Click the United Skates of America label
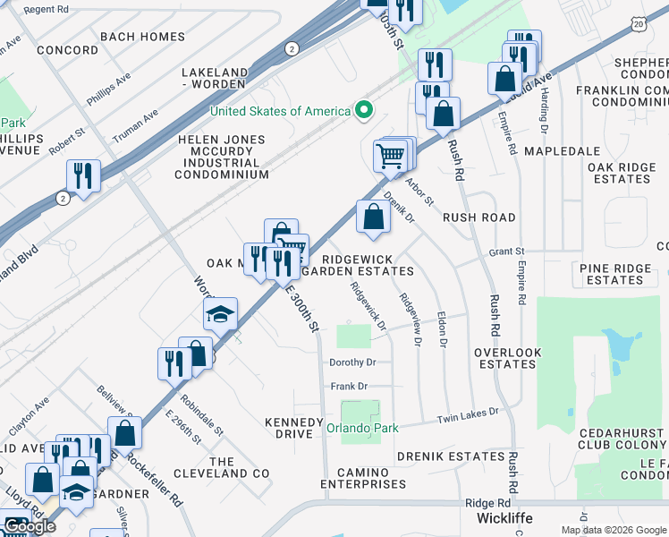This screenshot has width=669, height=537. (280, 111)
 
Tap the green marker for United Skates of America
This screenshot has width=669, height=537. (363, 111)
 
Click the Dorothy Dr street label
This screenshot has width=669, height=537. (352, 362)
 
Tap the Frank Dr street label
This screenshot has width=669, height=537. (350, 387)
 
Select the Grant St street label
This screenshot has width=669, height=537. (505, 253)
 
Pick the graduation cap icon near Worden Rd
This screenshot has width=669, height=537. (220, 315)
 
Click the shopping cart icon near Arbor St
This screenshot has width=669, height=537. (391, 156)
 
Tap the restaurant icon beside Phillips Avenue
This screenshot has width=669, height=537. (83, 175)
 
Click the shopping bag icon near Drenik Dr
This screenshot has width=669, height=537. (373, 217)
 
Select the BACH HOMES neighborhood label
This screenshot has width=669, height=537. (143, 38)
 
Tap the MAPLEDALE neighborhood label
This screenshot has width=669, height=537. (561, 152)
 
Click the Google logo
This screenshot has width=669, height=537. (29, 526)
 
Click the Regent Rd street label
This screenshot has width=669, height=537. (46, 9)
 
